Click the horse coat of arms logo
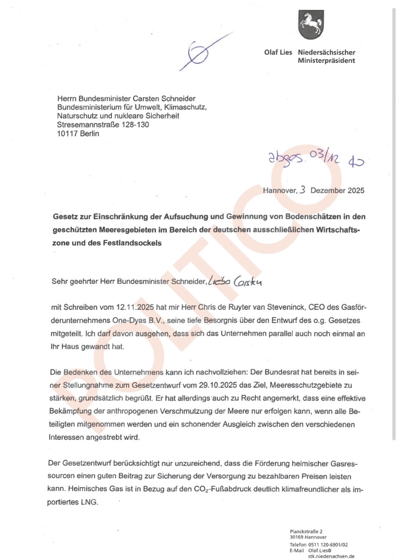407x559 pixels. pyautogui.click(x=311, y=24)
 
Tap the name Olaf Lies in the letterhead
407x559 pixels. pyautogui.click(x=278, y=52)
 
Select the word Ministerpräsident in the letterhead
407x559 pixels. pyautogui.click(x=326, y=61)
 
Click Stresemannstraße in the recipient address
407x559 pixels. pyautogui.click(x=88, y=125)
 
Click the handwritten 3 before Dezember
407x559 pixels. pyautogui.click(x=303, y=190)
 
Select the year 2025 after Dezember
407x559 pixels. pyautogui.click(x=356, y=191)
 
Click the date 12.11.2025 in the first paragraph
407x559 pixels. pyautogui.click(x=135, y=307)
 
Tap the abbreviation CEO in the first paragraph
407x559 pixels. pyautogui.click(x=317, y=307)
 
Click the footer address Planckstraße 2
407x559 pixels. pyautogui.click(x=306, y=532)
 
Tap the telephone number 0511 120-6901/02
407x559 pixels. pyautogui.click(x=328, y=545)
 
